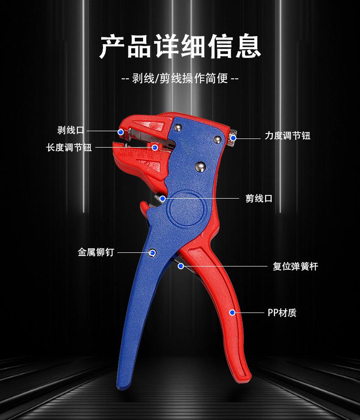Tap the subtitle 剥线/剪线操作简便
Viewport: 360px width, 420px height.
tap(180, 78)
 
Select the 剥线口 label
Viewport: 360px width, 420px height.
tap(71, 131)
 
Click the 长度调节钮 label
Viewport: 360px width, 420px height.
tap(69, 148)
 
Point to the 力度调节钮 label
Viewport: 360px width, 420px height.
tap(288, 136)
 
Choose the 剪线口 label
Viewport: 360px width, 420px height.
tap(259, 199)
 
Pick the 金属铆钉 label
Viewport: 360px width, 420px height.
tap(96, 252)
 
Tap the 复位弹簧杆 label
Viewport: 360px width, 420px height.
tap(295, 266)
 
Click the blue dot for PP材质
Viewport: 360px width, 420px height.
tap(232, 312)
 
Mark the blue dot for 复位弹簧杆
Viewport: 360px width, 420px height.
tap(180, 266)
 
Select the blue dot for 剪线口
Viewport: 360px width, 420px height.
tap(163, 198)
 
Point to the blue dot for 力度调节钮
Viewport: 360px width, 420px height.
tap(233, 138)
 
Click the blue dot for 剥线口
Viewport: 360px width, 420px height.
tap(121, 131)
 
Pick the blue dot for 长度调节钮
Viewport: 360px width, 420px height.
tap(155, 147)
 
